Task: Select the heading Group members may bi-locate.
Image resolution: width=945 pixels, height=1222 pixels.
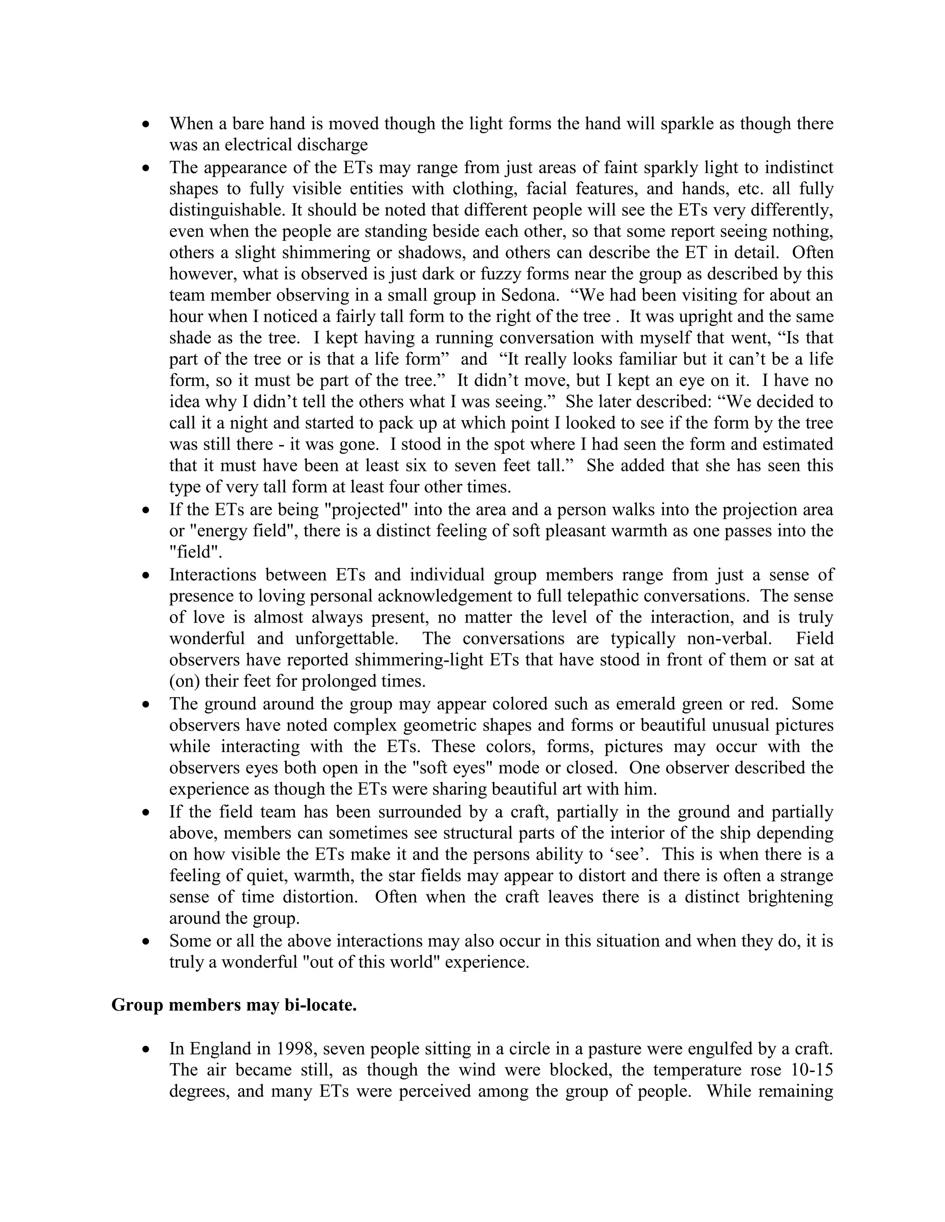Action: (234, 1005)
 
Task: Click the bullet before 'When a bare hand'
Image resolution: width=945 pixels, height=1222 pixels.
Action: (146, 124)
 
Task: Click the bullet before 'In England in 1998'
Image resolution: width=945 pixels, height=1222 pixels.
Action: (146, 1049)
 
